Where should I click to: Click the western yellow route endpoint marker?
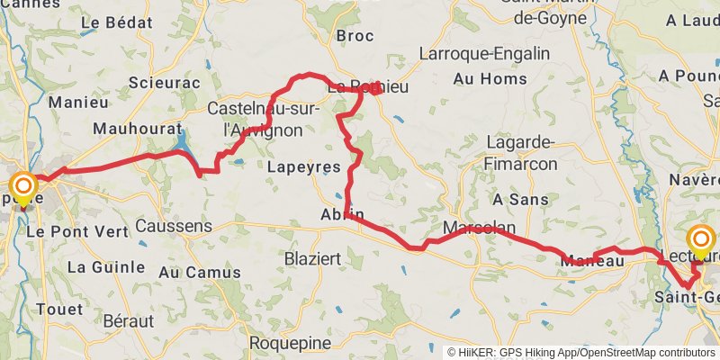[22, 187]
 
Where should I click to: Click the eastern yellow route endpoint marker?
[700, 239]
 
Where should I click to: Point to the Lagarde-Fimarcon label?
[521, 153]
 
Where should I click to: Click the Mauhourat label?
[136, 129]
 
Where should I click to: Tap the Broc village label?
[354, 36]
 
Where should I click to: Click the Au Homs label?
[476, 79]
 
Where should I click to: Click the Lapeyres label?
[304, 167]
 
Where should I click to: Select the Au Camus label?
[200, 272]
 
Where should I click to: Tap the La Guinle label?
[106, 266]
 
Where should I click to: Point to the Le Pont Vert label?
[77, 231]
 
